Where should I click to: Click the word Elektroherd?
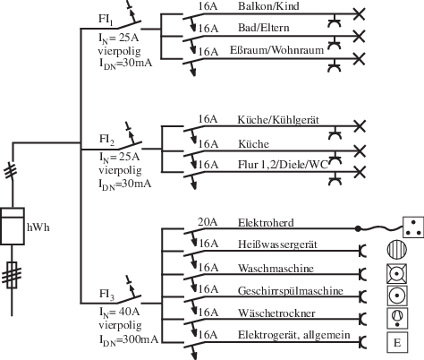click(267, 221)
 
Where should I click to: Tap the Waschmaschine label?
click(275, 267)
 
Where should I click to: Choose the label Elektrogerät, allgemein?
click(290, 334)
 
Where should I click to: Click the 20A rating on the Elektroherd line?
click(207, 221)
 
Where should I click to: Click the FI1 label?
click(106, 19)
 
